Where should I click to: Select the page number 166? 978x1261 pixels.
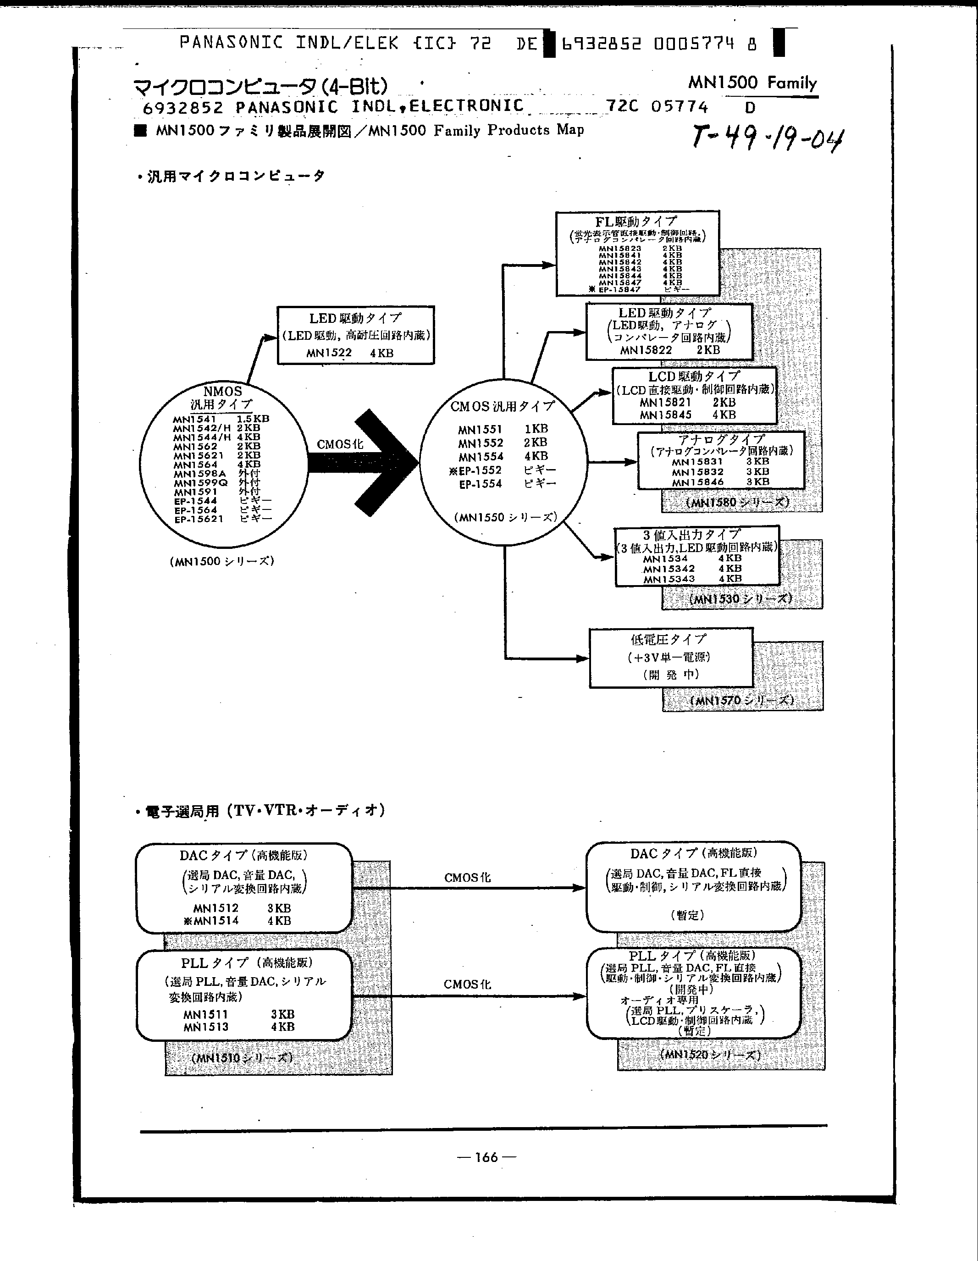tap(486, 1156)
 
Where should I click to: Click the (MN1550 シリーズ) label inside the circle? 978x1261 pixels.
tap(505, 517)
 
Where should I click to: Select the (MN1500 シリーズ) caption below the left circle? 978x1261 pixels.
tap(222, 561)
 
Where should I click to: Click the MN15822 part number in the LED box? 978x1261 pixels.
tap(646, 350)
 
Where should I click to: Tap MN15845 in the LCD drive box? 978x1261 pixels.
tap(665, 415)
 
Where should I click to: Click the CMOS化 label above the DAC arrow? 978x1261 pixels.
tap(467, 878)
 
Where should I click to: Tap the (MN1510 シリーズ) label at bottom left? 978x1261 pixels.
tap(242, 1058)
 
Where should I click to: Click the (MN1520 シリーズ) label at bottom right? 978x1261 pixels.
tap(710, 1054)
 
